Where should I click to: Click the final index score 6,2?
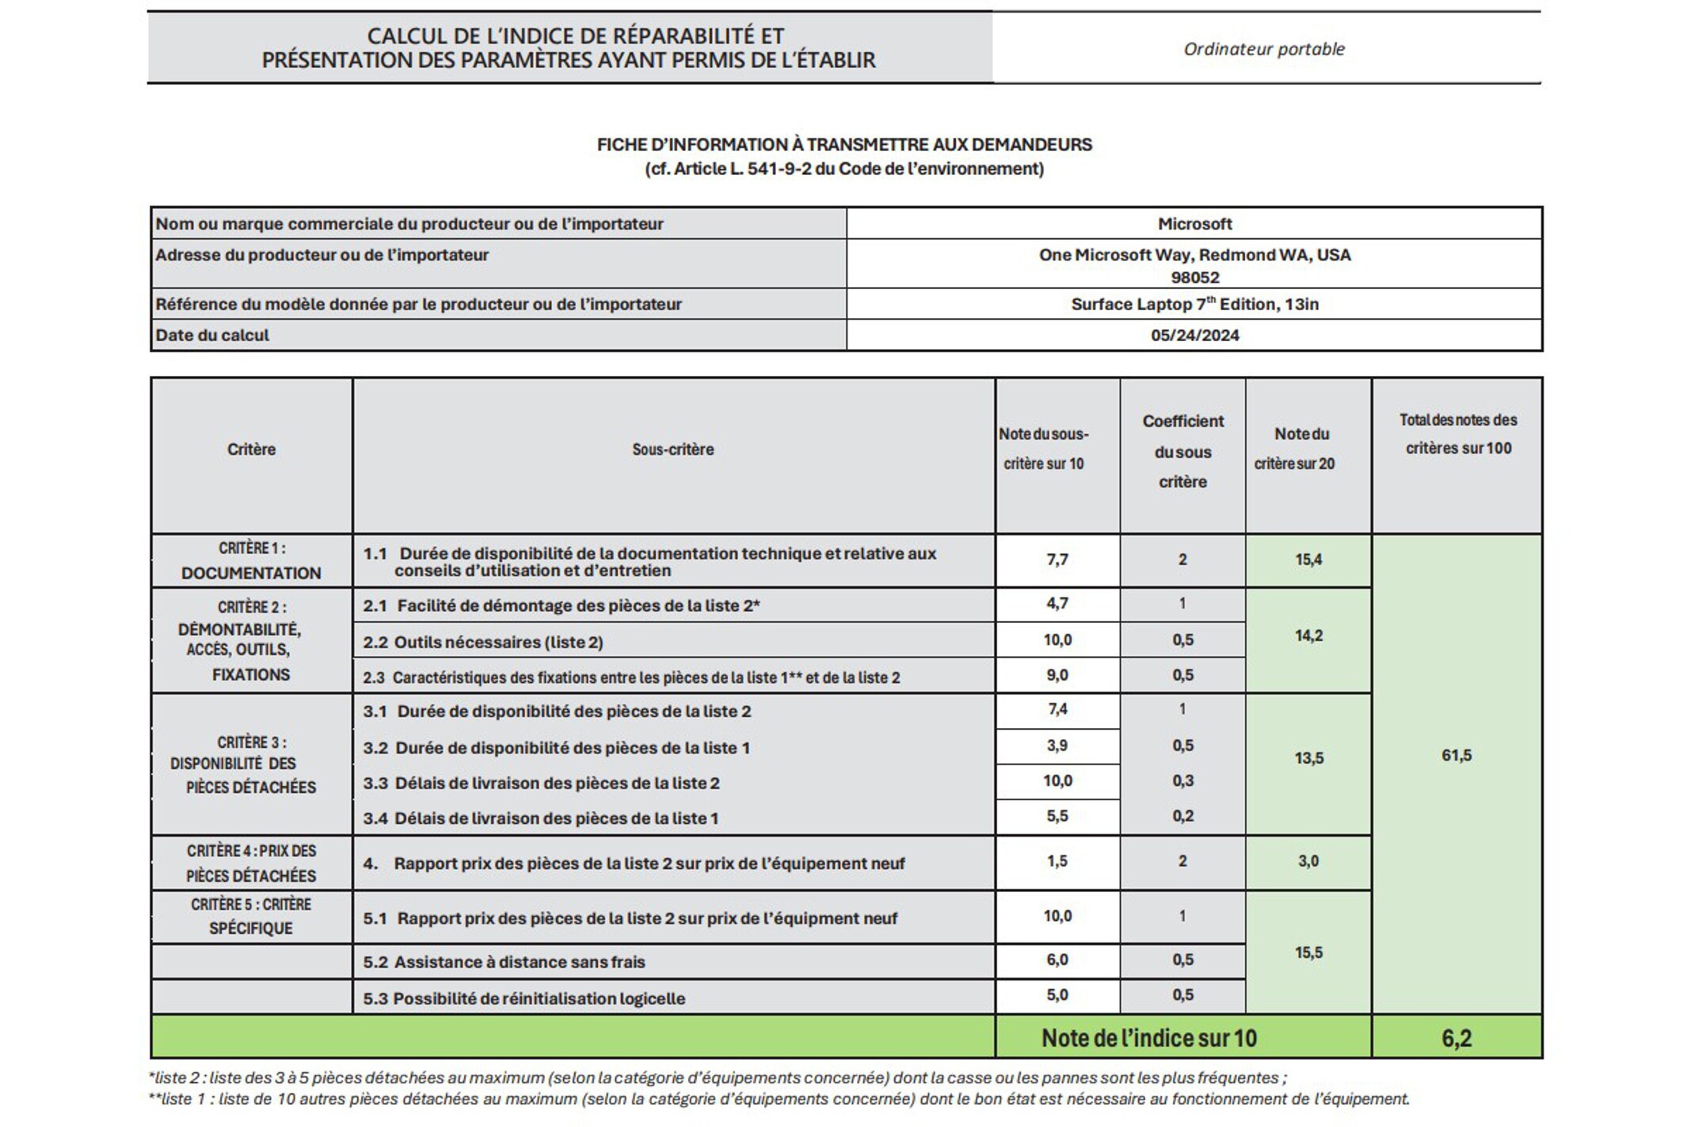(x=1456, y=1038)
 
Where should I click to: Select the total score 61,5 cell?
(x=1456, y=755)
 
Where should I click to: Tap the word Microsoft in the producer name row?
(x=1194, y=224)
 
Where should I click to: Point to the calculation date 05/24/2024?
(x=1194, y=335)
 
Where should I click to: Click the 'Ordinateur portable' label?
(x=1264, y=49)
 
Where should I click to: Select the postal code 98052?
(x=1194, y=278)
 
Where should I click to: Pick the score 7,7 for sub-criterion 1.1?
(x=1057, y=560)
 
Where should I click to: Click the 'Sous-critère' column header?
(x=672, y=450)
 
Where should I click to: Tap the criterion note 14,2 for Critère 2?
(x=1308, y=636)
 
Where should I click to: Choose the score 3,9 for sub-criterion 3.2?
(x=1057, y=746)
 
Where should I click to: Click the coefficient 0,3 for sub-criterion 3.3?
(x=1182, y=781)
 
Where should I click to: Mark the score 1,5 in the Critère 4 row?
(x=1057, y=861)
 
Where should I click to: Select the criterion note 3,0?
(x=1308, y=861)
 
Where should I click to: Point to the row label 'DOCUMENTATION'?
(x=251, y=573)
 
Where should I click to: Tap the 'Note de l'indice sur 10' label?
(x=1148, y=1038)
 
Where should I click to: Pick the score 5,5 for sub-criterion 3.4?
(x=1057, y=816)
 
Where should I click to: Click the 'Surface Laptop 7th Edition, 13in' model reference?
(x=1194, y=304)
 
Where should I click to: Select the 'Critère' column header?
(x=251, y=450)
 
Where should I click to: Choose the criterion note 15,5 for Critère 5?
(x=1308, y=953)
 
